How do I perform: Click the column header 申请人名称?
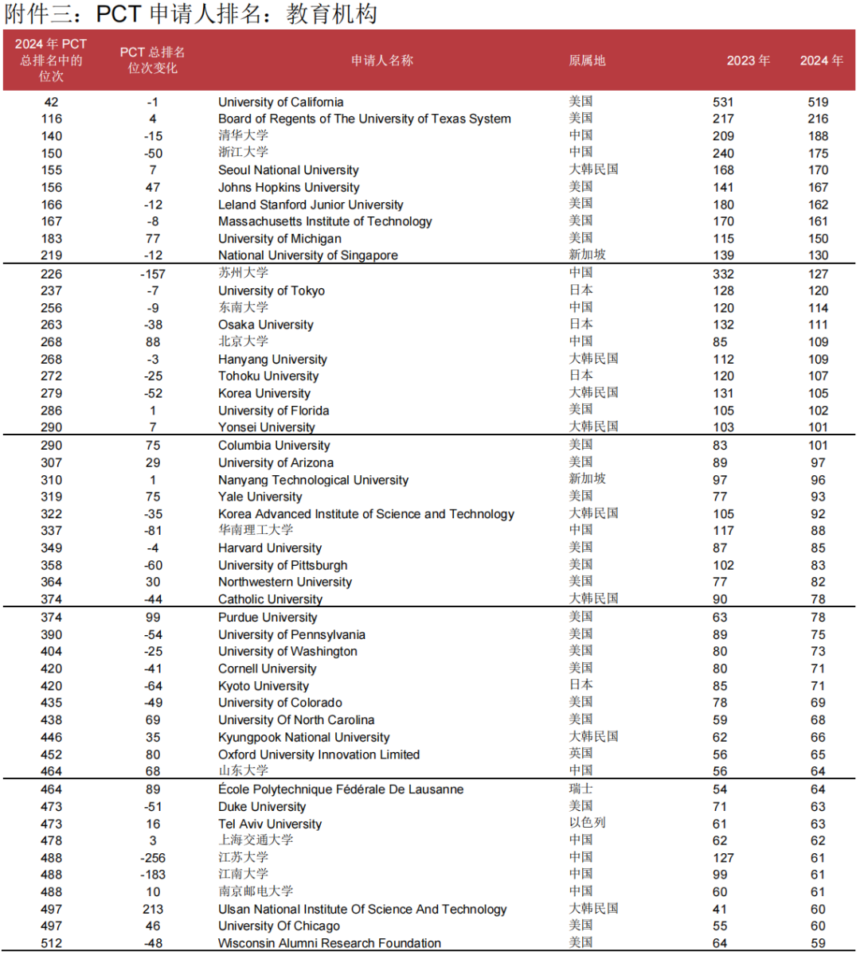[x=382, y=60]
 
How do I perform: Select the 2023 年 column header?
[x=748, y=60]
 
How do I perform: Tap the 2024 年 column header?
[x=821, y=60]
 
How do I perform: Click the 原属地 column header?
[x=587, y=60]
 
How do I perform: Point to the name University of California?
[x=281, y=102]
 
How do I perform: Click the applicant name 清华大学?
[x=244, y=135]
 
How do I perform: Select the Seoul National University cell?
[x=288, y=170]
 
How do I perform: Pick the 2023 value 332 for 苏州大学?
[x=723, y=274]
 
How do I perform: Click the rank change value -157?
[x=153, y=274]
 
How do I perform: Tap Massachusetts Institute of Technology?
[x=325, y=221]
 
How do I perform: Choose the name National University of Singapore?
[x=307, y=255]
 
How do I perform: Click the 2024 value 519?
[x=818, y=102]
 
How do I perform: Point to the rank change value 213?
[x=153, y=909]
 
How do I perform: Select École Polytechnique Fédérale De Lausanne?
[x=341, y=789]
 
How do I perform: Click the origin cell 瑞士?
[x=580, y=789]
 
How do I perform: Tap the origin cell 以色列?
[x=587, y=823]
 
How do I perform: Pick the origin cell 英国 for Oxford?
[x=580, y=754]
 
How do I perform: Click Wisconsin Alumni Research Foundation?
[x=330, y=943]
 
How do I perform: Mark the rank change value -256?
[x=153, y=858]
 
